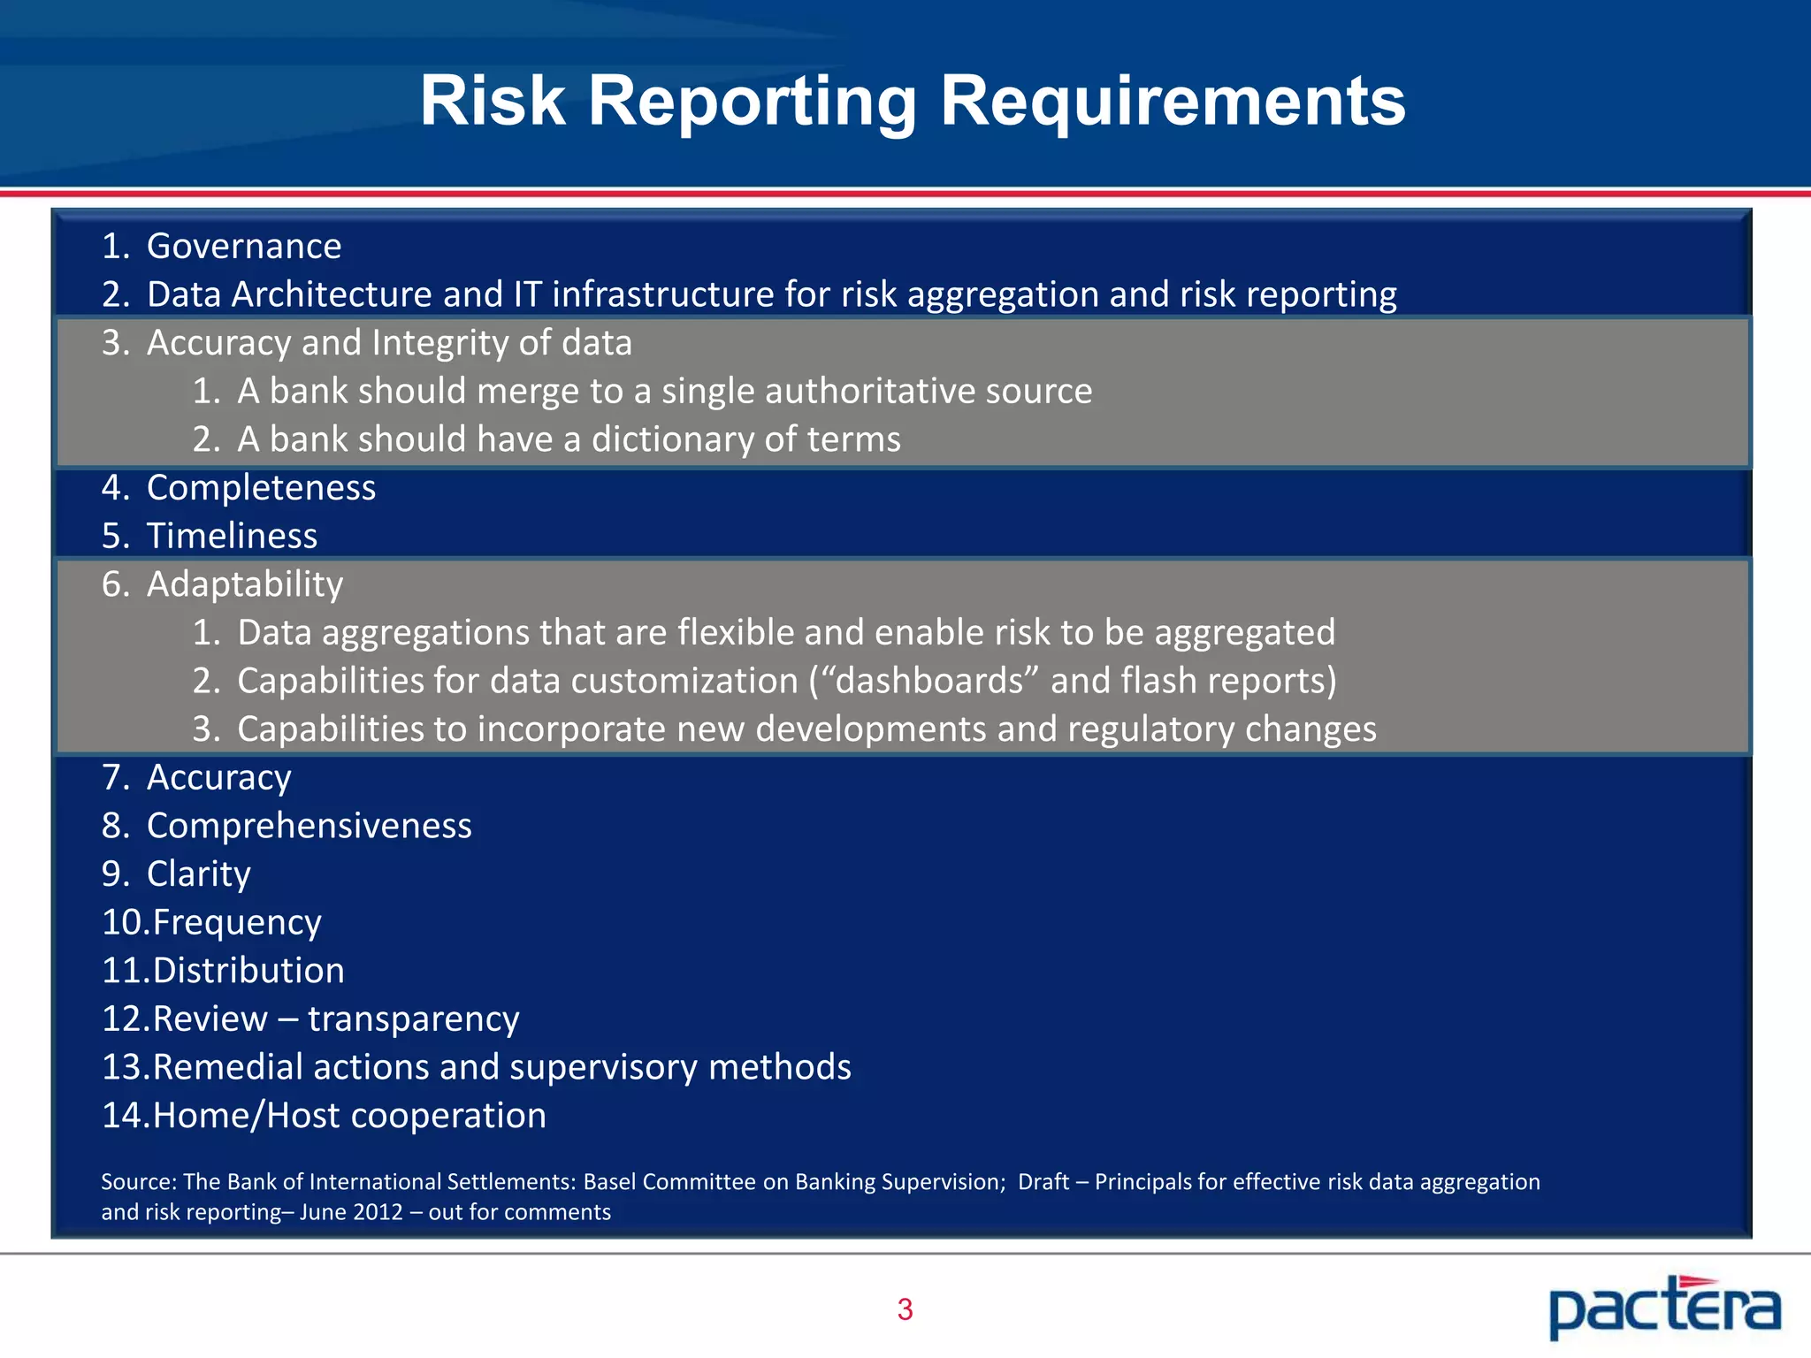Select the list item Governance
pyautogui.click(x=243, y=246)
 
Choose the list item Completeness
pyautogui.click(x=261, y=488)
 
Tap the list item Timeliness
pyautogui.click(x=232, y=536)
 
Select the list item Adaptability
pyautogui.click(x=245, y=584)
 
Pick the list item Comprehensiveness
pyautogui.click(x=309, y=826)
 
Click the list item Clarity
pyautogui.click(x=198, y=874)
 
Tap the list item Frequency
pyautogui.click(x=236, y=923)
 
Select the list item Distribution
pyautogui.click(x=248, y=971)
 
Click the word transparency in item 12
pyautogui.click(x=413, y=1019)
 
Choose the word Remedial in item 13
pyautogui.click(x=227, y=1067)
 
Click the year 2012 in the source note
pyautogui.click(x=378, y=1212)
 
